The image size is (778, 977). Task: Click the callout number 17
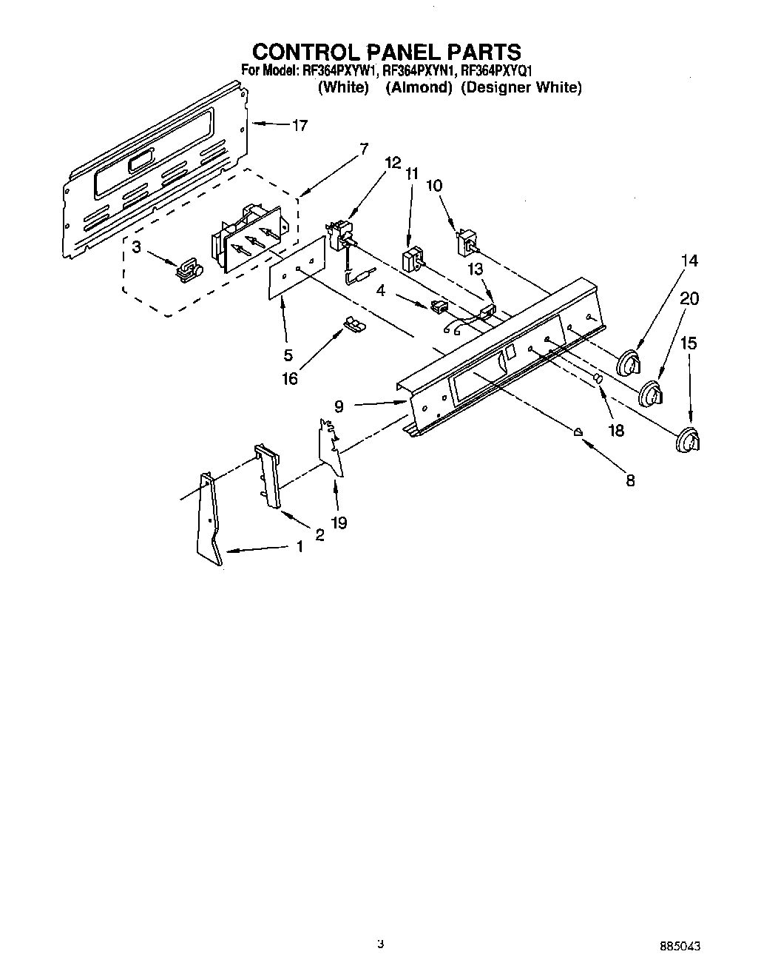299,126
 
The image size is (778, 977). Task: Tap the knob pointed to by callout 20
651,393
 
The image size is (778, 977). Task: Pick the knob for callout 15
689,440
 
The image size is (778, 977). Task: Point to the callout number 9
339,406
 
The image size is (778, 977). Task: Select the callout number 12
393,163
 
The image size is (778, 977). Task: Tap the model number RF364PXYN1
418,72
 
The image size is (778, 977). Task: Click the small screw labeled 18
598,379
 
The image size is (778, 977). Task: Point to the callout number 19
339,523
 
